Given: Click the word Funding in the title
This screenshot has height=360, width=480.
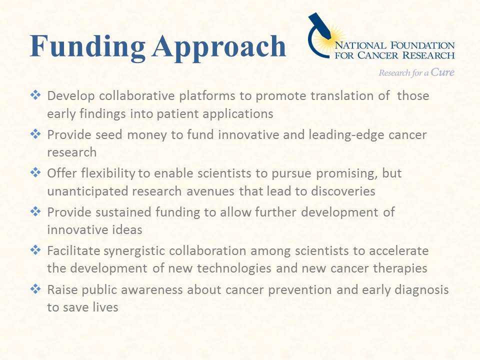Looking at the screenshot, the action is tap(87, 46).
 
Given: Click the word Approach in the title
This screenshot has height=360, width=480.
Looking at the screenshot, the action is tap(219, 46).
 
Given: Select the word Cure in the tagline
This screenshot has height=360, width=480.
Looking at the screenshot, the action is tap(442, 72).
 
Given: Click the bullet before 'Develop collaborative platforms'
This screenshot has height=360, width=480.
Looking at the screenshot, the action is tap(35, 95).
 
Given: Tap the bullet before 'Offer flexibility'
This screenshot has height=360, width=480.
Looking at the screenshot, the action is tap(35, 172).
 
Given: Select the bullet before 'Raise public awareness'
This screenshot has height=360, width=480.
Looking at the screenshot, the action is tap(35, 288).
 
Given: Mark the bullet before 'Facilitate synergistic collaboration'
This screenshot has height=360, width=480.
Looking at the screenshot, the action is tap(35, 250).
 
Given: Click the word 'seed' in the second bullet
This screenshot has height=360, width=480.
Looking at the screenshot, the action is tap(108, 134).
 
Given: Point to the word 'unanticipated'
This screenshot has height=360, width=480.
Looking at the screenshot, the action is tap(87, 191).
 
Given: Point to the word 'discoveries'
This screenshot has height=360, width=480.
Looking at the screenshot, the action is tap(343, 191).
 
